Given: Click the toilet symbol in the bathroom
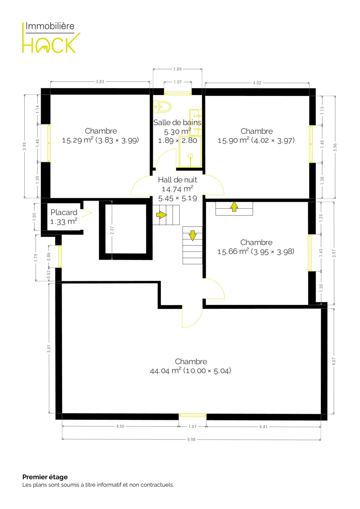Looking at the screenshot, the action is tap(162, 106).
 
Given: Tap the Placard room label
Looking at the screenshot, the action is tap(64, 213).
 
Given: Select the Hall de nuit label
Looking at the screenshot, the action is tap(177, 180).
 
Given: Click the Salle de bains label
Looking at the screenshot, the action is tap(177, 123).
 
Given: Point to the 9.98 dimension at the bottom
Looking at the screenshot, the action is tap(191, 439).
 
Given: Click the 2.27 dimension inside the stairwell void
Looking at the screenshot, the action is tap(112, 230).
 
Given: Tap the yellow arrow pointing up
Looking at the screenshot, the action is tap(234, 207).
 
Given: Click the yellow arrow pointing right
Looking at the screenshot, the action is tap(161, 215).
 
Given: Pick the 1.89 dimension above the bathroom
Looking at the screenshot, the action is tap(177, 69).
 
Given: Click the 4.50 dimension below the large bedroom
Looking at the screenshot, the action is tap(120, 427).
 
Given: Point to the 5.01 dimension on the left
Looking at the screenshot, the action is tap(49, 349).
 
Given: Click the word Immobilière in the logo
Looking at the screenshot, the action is tap(50, 26).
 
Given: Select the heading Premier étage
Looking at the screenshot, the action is tap(45, 477).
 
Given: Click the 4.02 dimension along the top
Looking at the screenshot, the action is tap(257, 83).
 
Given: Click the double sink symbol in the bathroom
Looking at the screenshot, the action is tap(196, 122).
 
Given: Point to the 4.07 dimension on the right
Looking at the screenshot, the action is tap(334, 361).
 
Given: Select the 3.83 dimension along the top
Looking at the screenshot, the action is tap(100, 81).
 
